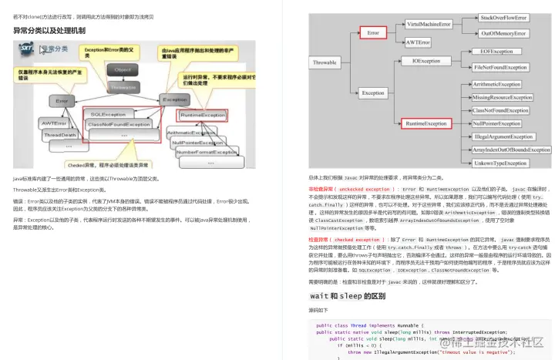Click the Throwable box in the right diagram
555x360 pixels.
[331, 62]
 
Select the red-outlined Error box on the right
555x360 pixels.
[375, 34]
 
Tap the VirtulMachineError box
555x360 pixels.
[429, 25]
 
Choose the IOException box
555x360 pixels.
[427, 60]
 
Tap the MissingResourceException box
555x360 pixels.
[503, 98]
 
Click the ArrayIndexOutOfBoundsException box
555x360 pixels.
[503, 150]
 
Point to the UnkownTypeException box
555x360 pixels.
[503, 163]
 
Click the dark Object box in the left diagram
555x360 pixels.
[122, 70]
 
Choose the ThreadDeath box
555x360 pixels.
[60, 135]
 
